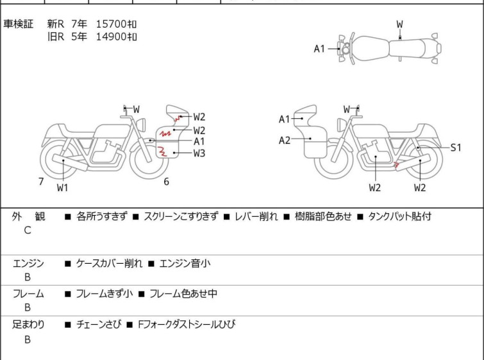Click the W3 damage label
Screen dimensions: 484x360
tap(199, 153)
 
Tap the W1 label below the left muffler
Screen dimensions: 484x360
tap(62, 187)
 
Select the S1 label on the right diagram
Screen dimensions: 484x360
tap(456, 148)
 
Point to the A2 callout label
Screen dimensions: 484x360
tap(284, 141)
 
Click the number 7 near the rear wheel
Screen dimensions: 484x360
tap(41, 182)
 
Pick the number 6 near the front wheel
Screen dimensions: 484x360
tap(167, 182)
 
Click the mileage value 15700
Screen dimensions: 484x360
tap(112, 24)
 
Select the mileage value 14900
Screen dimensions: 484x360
tap(112, 37)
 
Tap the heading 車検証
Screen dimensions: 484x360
tap(18, 24)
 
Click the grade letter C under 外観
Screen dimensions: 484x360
tap(28, 230)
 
